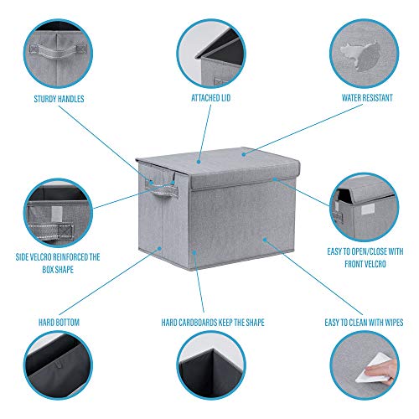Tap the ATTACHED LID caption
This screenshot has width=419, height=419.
click(x=209, y=98)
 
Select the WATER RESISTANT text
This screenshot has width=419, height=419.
click(x=364, y=98)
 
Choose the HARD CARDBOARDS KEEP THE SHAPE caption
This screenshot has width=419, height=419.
click(x=209, y=321)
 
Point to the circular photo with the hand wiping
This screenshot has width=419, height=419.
click(x=364, y=369)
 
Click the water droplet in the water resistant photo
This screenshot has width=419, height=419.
click(x=360, y=54)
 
